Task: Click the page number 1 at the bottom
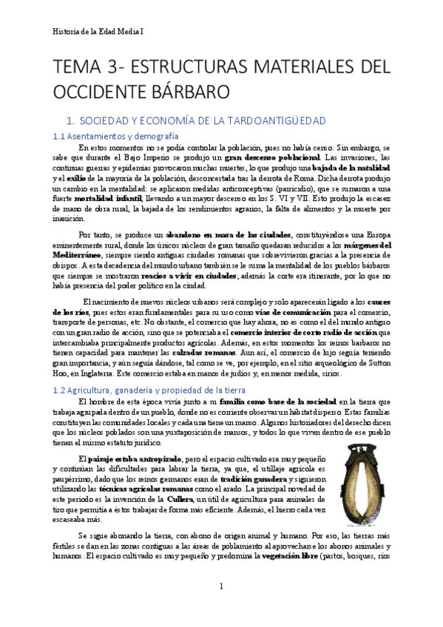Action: [221, 586]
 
